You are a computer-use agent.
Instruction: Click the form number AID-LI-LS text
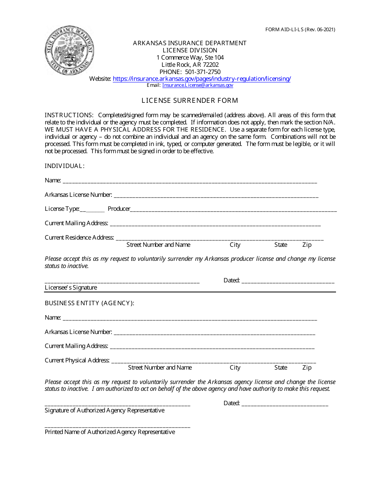pyautogui.click(x=300, y=30)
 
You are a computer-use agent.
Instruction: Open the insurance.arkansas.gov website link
pyautogui.click(x=202, y=79)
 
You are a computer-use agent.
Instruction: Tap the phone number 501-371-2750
pyautogui.click(x=203, y=72)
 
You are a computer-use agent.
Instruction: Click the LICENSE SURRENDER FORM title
pyautogui.click(x=190, y=100)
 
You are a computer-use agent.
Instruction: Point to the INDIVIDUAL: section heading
pyautogui.click(x=64, y=166)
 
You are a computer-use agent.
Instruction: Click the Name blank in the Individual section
pyautogui.click(x=190, y=181)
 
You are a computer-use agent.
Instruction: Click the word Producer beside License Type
pyautogui.click(x=119, y=209)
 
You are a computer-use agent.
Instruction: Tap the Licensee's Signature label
pyautogui.click(x=71, y=288)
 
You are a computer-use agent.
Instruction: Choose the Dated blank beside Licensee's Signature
pyautogui.click(x=288, y=282)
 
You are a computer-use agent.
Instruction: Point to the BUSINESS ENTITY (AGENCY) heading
pyautogui.click(x=89, y=303)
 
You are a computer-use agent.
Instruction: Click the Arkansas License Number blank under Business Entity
pyautogui.click(x=214, y=333)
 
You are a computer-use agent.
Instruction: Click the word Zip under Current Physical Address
pyautogui.click(x=307, y=368)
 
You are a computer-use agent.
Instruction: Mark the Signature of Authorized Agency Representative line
pyautogui.click(x=117, y=404)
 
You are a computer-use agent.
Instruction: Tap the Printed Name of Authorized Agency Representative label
pyautogui.click(x=110, y=432)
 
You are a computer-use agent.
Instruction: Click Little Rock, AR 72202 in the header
pyautogui.click(x=190, y=65)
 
